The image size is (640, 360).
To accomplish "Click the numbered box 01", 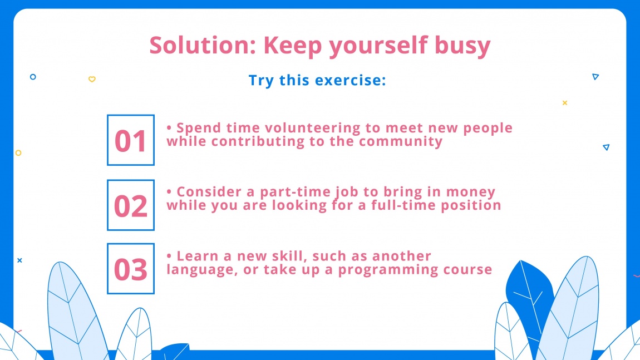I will pyautogui.click(x=130, y=140).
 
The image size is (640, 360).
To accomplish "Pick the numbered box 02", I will pyautogui.click(x=130, y=205).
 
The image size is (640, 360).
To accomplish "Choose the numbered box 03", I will pyautogui.click(x=130, y=269).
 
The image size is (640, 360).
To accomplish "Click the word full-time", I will pyautogui.click(x=412, y=205).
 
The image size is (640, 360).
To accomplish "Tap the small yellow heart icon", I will pyautogui.click(x=92, y=79).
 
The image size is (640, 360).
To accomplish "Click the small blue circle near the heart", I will pyautogui.click(x=33, y=77).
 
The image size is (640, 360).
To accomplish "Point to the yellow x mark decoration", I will pyautogui.click(x=564, y=102).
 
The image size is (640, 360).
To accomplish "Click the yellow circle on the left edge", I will pyautogui.click(x=18, y=152).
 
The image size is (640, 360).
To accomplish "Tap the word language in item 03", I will pyautogui.click(x=195, y=270).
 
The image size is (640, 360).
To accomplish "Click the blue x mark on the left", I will pyautogui.click(x=19, y=260).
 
